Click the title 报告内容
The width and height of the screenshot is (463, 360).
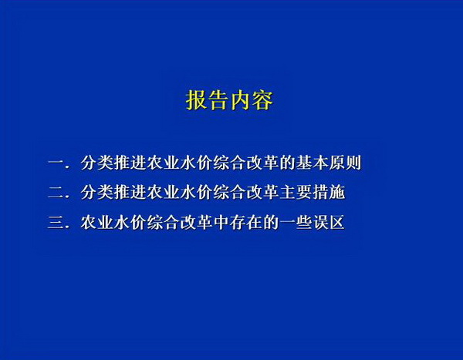(229, 100)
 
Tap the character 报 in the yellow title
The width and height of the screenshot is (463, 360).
(196, 100)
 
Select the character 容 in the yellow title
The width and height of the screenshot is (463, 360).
(262, 100)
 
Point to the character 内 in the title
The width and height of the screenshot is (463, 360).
(241, 100)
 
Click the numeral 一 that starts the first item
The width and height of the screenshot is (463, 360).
(56, 163)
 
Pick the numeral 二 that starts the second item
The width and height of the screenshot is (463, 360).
(56, 193)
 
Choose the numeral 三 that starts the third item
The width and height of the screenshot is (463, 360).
(56, 223)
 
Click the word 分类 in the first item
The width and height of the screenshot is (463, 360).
(97, 163)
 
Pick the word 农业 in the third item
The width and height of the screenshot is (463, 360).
(97, 223)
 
